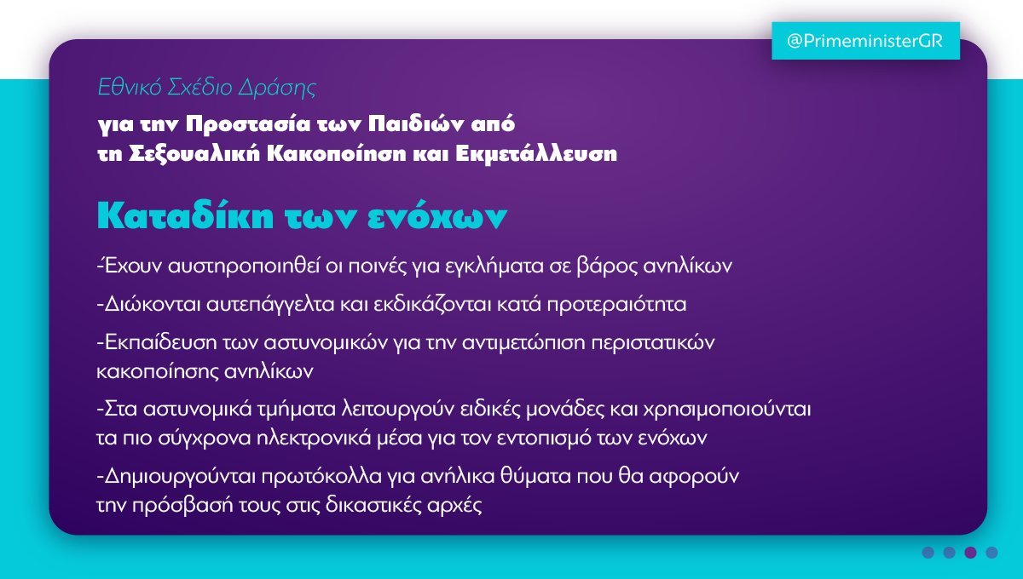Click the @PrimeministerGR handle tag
(x=865, y=41)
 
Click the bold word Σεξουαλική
(x=194, y=154)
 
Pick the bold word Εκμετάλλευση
(x=536, y=154)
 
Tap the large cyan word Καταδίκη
(x=186, y=215)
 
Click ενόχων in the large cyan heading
(x=437, y=216)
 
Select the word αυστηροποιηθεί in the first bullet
(x=244, y=266)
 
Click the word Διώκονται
(x=153, y=304)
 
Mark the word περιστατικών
(x=653, y=342)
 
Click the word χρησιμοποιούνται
(x=727, y=410)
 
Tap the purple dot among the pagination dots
(x=970, y=553)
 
